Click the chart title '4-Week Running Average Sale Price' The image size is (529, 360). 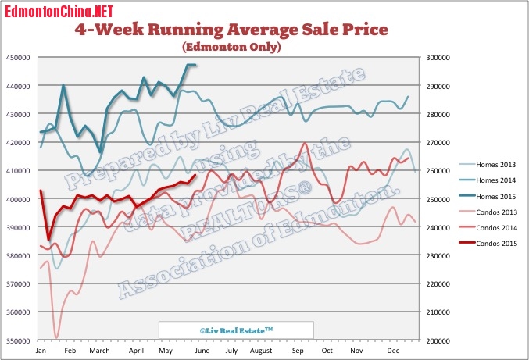click(231, 30)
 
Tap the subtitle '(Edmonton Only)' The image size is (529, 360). click(231, 47)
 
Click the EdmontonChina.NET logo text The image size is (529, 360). click(59, 10)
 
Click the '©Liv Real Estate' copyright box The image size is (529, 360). click(236, 330)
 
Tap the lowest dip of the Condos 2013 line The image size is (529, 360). click(56, 337)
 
